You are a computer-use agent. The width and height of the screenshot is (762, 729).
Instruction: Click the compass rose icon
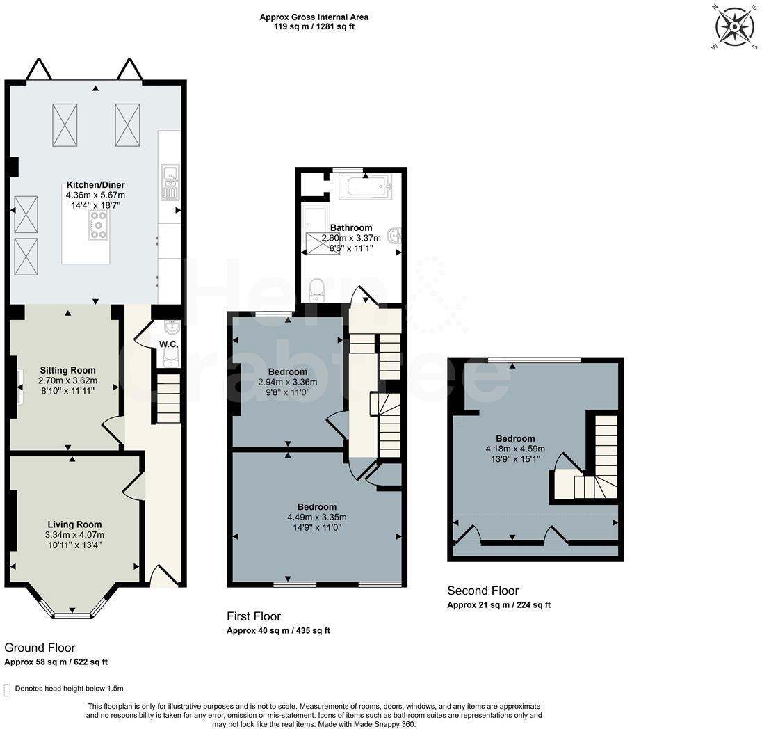click(734, 26)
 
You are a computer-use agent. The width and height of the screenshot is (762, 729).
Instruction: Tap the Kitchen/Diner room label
click(96, 185)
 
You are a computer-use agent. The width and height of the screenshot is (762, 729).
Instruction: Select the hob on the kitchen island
click(99, 225)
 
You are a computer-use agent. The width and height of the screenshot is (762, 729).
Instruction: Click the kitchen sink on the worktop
click(170, 182)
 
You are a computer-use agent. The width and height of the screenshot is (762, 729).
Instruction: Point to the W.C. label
click(169, 344)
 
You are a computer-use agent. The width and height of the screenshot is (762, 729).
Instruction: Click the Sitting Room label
click(67, 370)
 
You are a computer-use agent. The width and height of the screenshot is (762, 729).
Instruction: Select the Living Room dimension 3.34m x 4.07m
click(74, 535)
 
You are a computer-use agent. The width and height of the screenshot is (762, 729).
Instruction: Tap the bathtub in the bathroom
click(366, 186)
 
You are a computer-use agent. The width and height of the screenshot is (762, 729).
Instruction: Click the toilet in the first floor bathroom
click(317, 290)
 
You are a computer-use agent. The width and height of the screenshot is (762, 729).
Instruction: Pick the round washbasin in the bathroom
click(395, 236)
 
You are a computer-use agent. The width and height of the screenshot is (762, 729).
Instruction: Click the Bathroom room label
click(351, 227)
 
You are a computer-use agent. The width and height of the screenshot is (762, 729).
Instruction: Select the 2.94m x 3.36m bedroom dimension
click(288, 383)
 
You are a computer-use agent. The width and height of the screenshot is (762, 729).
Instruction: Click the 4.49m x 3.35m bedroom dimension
click(317, 517)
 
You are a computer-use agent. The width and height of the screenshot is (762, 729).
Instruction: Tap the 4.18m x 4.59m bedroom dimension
click(515, 449)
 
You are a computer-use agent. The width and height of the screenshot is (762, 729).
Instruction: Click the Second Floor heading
click(483, 591)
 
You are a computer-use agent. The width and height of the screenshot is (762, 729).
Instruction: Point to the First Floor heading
click(254, 616)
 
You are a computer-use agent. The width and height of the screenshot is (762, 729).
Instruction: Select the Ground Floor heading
click(40, 648)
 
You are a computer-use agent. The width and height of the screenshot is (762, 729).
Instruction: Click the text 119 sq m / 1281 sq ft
click(314, 26)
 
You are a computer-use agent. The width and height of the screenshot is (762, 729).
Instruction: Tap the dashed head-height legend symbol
click(7, 689)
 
